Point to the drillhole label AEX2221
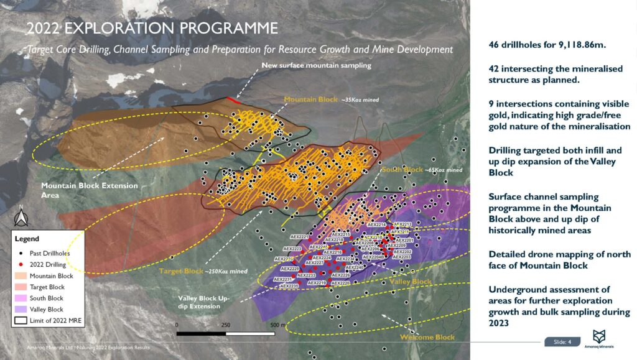pos(300,237)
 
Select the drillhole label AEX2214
pos(377,224)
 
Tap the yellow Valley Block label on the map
pos(411,282)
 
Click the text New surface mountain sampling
pos(316,65)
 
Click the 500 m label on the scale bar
pos(278,325)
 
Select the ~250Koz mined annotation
pos(228,271)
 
